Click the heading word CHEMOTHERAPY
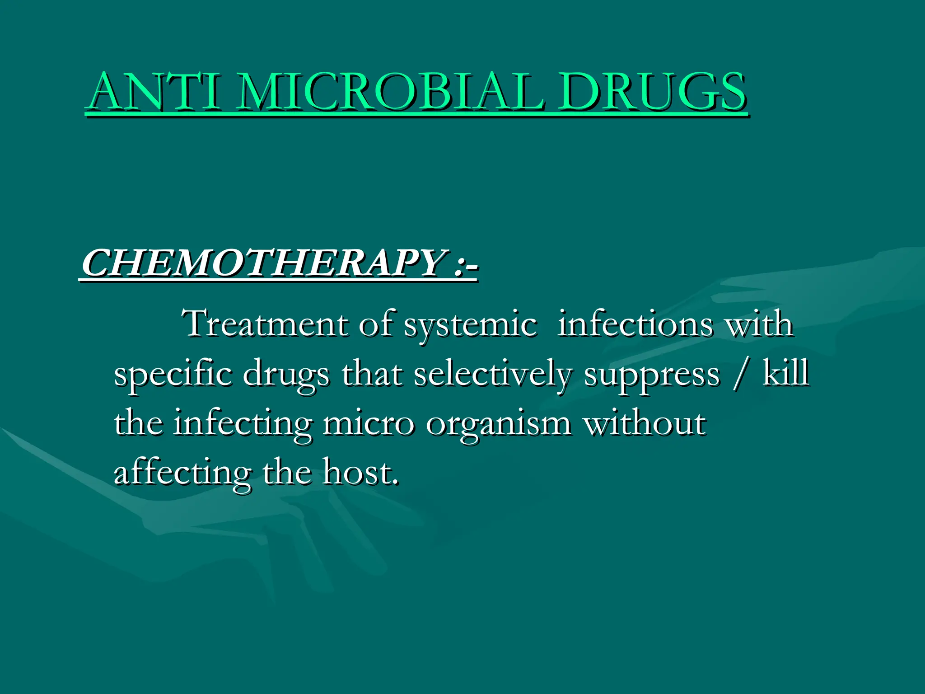[x=262, y=263]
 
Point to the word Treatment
[x=265, y=324]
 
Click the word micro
[x=368, y=424]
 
